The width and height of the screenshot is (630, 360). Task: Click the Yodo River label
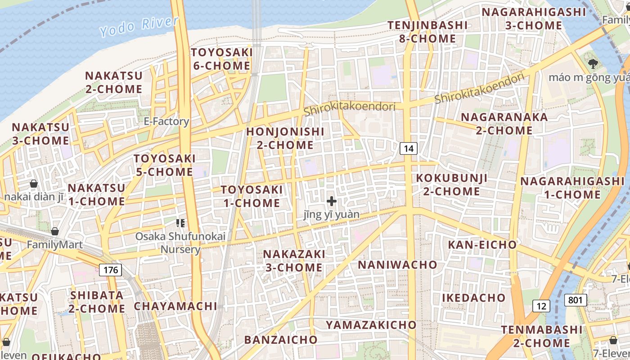click(139, 26)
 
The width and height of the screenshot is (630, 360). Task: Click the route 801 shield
click(576, 300)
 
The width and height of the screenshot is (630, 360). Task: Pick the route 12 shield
click(541, 306)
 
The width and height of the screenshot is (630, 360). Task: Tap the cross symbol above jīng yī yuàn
click(332, 201)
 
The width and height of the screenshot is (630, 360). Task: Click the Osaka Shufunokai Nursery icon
click(180, 223)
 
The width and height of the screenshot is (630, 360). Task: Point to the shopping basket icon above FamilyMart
click(55, 231)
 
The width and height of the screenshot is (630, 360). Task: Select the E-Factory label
click(166, 121)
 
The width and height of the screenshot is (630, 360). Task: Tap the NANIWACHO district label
click(397, 265)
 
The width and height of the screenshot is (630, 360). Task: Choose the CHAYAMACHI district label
click(175, 306)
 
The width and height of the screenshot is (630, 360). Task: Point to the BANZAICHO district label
click(281, 339)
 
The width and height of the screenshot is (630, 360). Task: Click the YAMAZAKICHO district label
click(371, 324)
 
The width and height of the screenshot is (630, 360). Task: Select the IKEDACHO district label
click(473, 298)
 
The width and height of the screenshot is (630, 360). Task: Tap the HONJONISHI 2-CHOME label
click(285, 138)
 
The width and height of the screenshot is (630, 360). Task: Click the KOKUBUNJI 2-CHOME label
click(451, 184)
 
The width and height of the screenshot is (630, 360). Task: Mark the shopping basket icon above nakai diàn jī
click(34, 184)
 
